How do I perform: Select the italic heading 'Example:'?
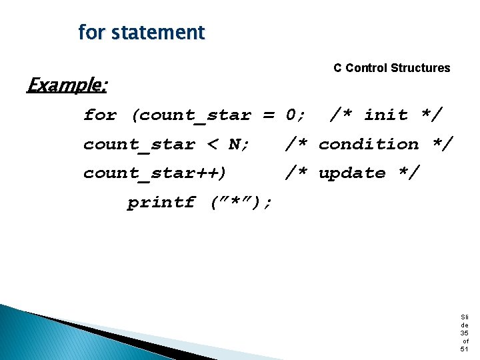[67, 85]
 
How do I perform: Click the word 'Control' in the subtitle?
[366, 68]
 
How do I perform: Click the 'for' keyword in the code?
[100, 115]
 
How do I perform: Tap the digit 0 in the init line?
[292, 115]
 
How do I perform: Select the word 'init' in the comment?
[385, 115]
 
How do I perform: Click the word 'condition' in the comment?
[369, 144]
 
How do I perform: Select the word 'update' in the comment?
[352, 173]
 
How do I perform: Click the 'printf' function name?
[161, 203]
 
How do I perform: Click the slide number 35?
[464, 333]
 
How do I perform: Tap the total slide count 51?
[464, 349]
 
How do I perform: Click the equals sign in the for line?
[269, 115]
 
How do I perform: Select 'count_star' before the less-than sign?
[139, 145]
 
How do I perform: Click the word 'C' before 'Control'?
[338, 68]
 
